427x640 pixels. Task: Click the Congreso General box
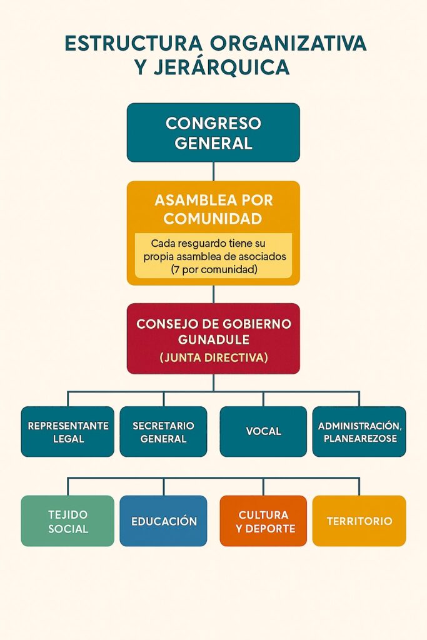point(213,132)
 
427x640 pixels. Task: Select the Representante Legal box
point(68,432)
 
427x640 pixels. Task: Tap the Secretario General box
point(163,432)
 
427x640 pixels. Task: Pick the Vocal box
point(263,432)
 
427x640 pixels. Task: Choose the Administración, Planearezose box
point(359,432)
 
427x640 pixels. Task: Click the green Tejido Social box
point(68,521)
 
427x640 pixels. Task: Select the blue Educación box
point(163,521)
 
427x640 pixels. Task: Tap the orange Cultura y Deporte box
point(263,521)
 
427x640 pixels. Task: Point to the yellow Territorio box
point(359,521)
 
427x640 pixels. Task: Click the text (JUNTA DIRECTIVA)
point(213,358)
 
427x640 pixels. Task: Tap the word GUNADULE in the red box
point(213,341)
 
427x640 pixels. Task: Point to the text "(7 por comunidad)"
point(213,270)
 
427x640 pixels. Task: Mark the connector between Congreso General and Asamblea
point(213,171)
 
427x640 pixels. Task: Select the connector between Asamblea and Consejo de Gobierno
point(213,294)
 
